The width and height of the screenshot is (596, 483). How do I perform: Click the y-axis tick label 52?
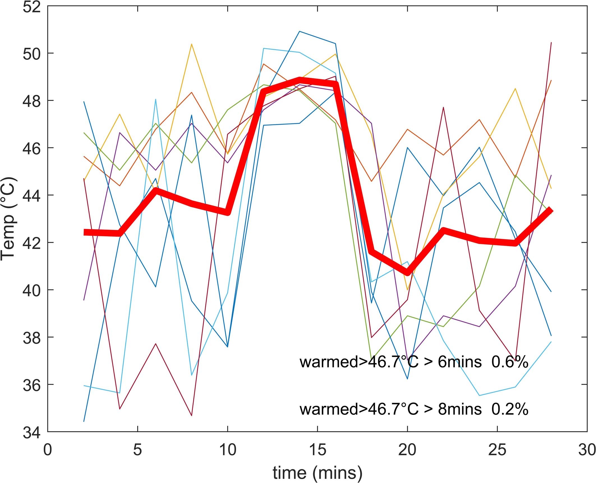tap(31, 7)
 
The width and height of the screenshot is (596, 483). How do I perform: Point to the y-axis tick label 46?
tap(31, 148)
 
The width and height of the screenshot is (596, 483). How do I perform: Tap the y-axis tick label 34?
tap(31, 432)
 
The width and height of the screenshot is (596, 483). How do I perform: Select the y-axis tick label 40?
tap(31, 290)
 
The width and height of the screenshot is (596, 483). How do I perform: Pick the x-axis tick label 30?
tap(587, 450)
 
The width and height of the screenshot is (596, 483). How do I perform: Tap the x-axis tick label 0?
tap(48, 450)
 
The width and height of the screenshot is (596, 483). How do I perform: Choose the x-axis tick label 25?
tap(497, 450)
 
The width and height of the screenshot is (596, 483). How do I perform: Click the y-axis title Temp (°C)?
tap(8, 219)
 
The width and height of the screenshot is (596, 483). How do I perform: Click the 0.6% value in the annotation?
tap(510, 362)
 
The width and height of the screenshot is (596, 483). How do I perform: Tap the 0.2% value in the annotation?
tap(510, 409)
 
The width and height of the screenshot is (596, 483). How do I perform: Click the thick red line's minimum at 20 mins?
tap(407, 273)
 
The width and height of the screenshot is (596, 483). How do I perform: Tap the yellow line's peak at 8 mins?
tap(192, 44)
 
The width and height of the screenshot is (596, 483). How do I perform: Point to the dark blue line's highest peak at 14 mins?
tap(300, 31)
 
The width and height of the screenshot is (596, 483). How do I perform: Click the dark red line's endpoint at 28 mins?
tap(551, 42)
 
